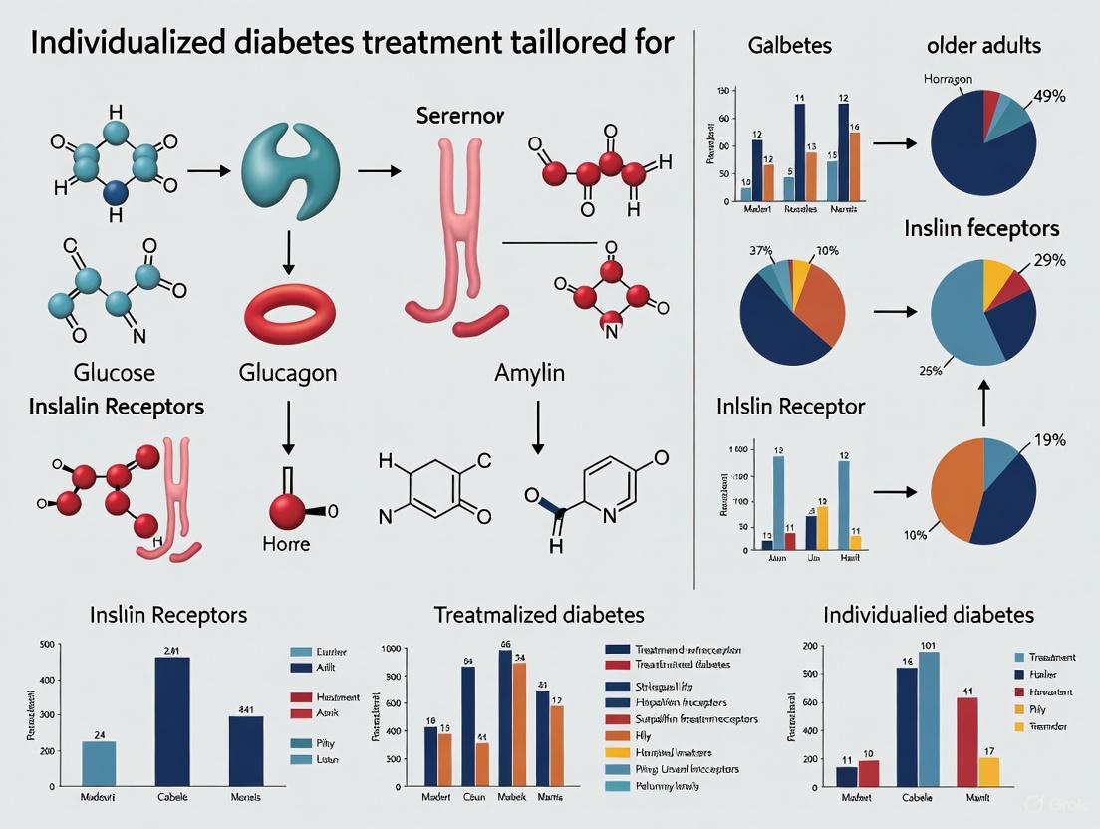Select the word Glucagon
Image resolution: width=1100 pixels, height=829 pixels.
[288, 373]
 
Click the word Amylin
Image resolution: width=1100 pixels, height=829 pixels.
[529, 373]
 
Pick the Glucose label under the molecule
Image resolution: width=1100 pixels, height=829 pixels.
[115, 373]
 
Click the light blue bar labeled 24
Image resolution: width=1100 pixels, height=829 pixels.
[99, 764]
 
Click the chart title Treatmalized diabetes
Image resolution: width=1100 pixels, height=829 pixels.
[539, 615]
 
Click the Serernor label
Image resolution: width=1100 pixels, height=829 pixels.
[460, 116]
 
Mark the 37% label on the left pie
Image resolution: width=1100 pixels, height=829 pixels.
[761, 251]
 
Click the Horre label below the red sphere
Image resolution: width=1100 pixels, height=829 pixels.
[285, 544]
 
